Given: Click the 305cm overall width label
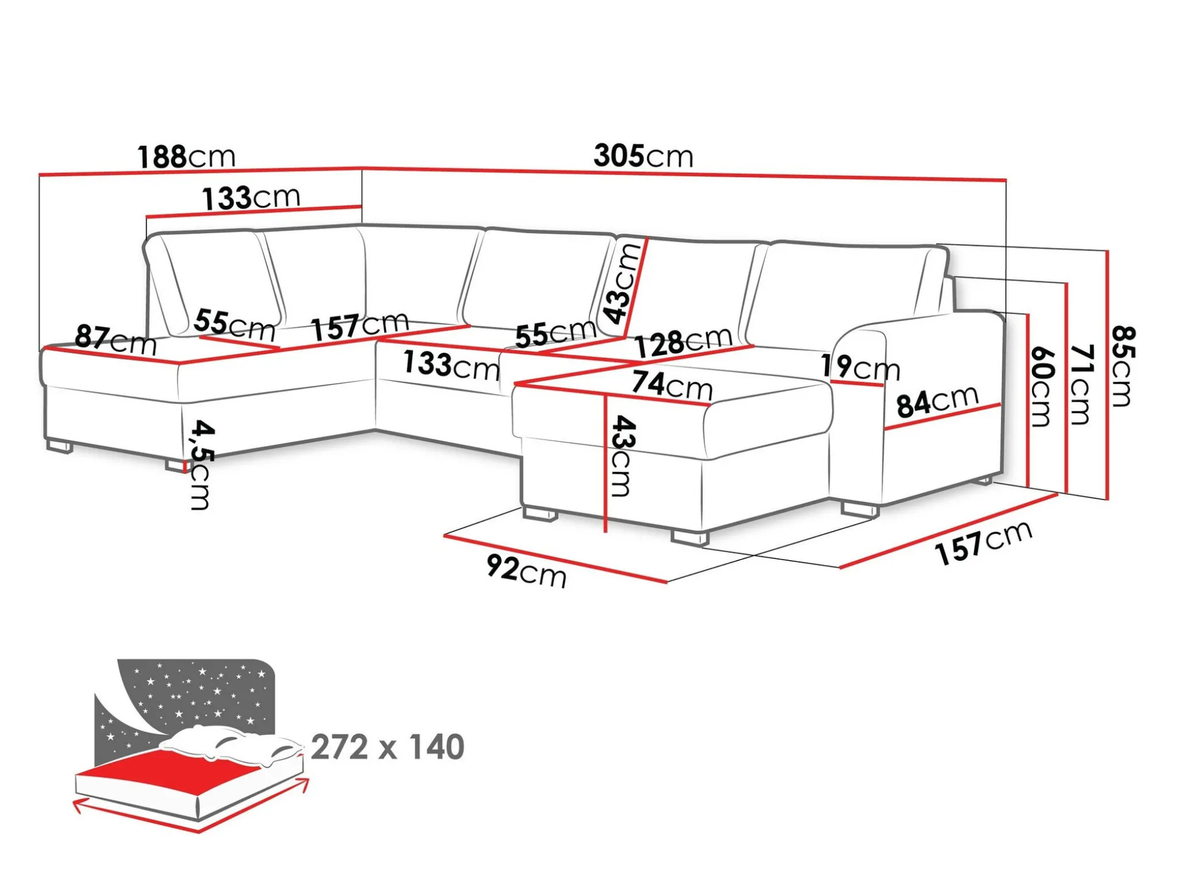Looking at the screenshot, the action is coord(644,156).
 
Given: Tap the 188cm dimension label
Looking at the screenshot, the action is coord(187,157).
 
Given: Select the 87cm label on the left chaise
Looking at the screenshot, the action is coord(115,340).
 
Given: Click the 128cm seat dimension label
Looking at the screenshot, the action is coord(683,342).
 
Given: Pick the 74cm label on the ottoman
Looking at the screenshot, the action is coord(672,385).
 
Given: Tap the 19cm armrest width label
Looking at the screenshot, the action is coord(860,368).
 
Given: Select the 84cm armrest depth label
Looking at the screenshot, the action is coord(937,402).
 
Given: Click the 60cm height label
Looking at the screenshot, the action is coord(1040,387).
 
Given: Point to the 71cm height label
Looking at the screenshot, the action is coord(1081,384).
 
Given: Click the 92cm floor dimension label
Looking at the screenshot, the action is coord(526,572).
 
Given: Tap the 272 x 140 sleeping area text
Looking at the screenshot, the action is coord(388,747).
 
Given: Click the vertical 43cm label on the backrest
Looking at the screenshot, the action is coord(622,284).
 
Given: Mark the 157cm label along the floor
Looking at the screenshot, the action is coord(983,543).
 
